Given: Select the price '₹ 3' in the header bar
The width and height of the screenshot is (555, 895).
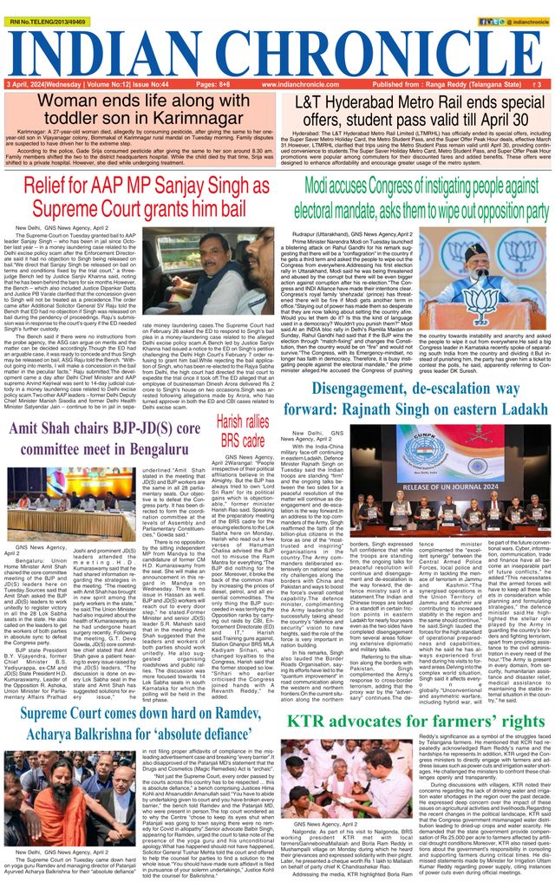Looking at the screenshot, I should pyautogui.click(x=538, y=84).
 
